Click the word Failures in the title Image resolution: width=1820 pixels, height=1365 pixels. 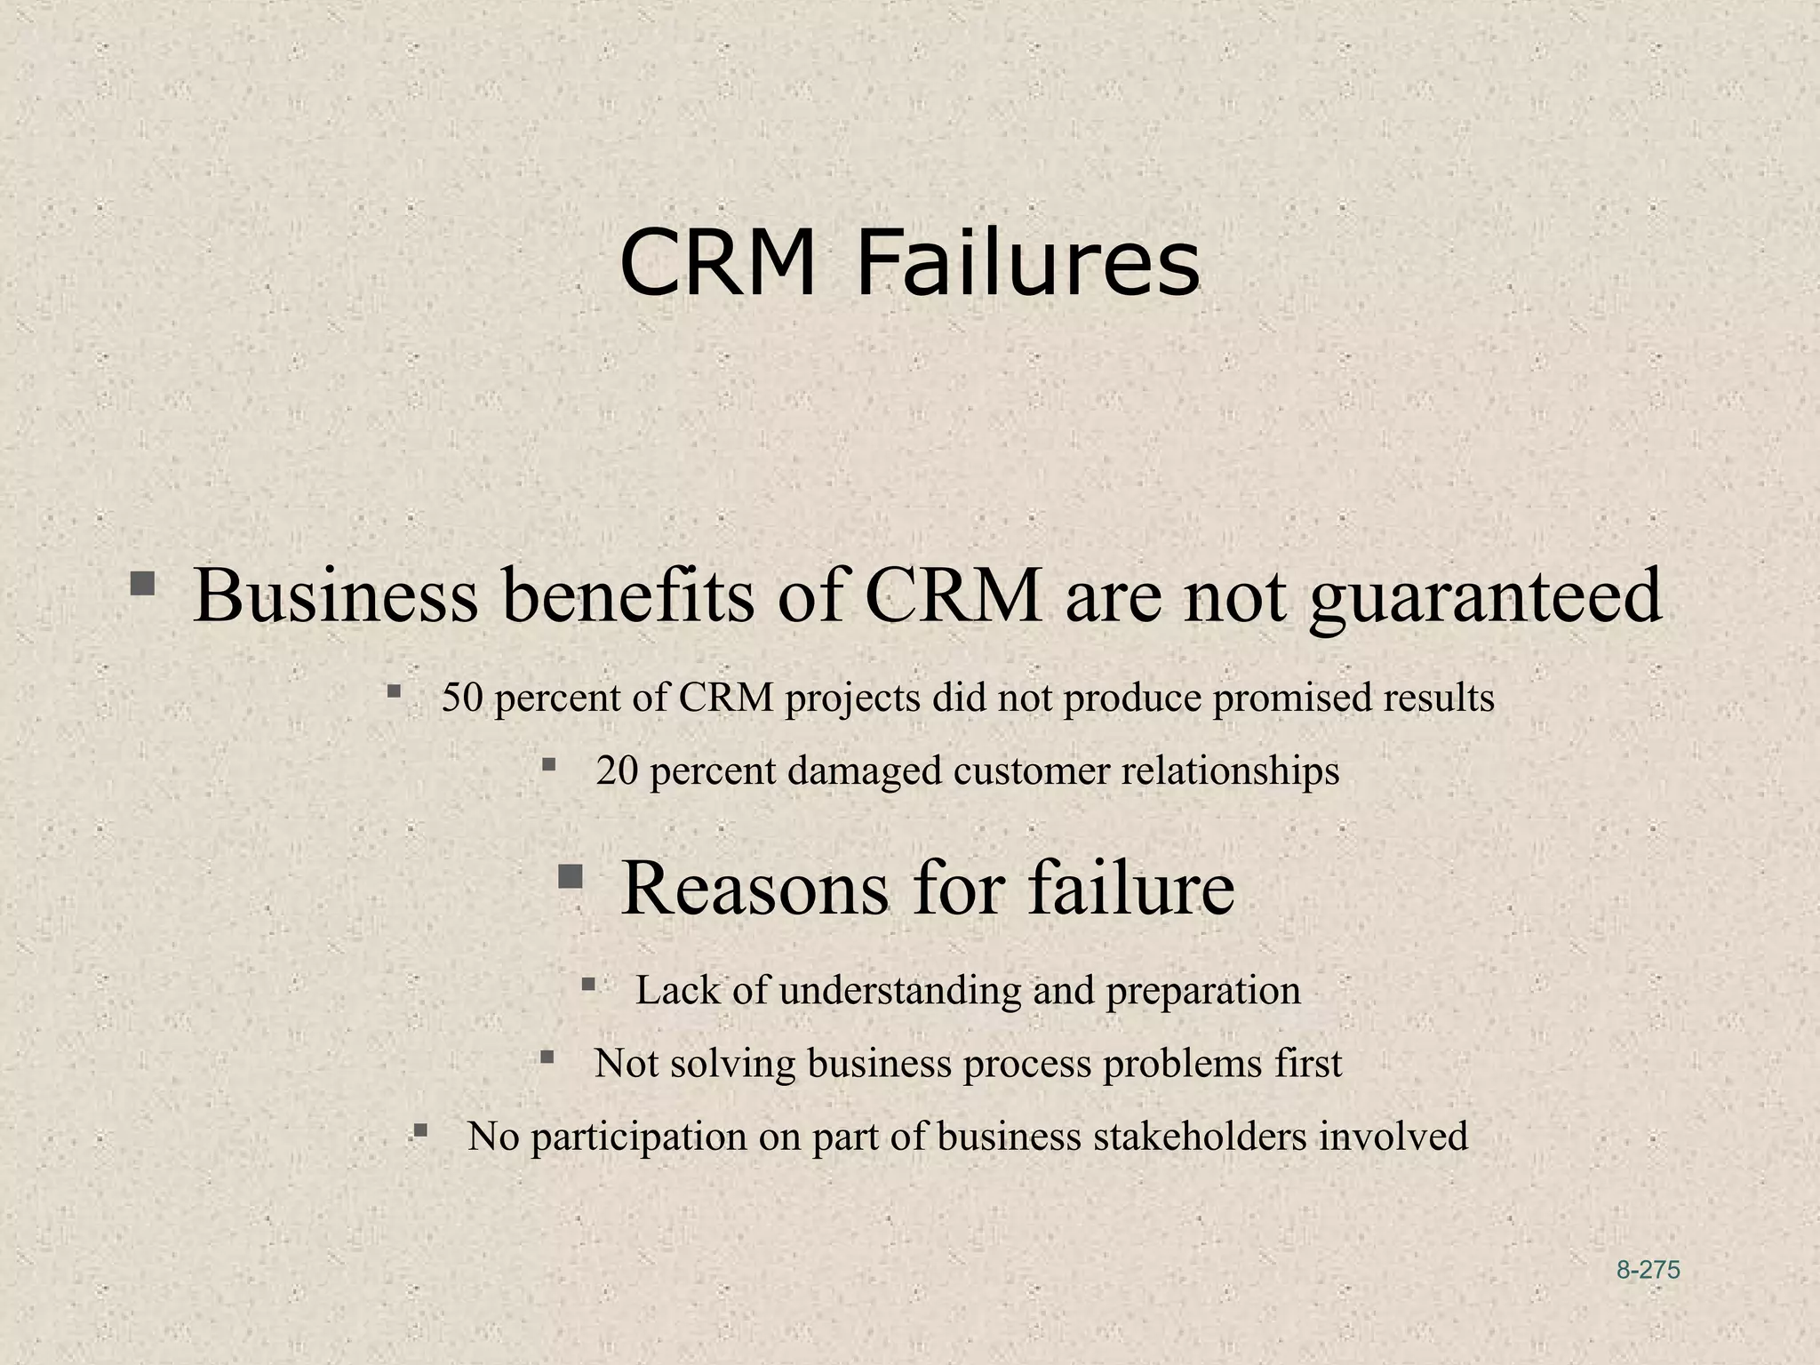(x=1027, y=264)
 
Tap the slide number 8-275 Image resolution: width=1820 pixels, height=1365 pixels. (x=1648, y=1270)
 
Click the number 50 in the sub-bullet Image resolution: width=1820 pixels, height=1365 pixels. (x=462, y=698)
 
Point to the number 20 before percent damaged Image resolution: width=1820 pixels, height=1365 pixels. (x=617, y=770)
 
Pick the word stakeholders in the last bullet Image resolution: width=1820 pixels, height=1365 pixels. (x=1200, y=1137)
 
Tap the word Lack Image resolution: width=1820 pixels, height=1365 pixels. (x=677, y=991)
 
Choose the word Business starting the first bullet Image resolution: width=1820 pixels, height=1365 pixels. (x=336, y=595)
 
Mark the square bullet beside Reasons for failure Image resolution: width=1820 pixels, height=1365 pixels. (x=570, y=878)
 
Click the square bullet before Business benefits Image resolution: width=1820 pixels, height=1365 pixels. (x=142, y=585)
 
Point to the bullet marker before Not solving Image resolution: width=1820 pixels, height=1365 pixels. (x=547, y=1058)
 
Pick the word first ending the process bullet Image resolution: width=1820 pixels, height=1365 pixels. (x=1308, y=1064)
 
